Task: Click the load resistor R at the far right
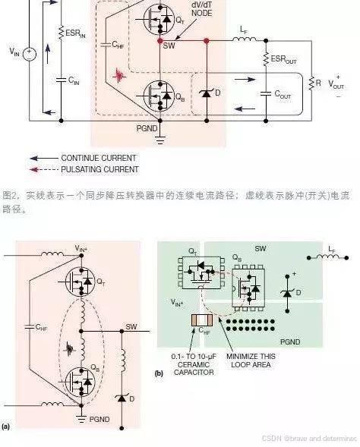(310, 81)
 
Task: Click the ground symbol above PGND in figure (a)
(80, 407)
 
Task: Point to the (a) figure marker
(6, 427)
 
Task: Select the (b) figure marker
(159, 373)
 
